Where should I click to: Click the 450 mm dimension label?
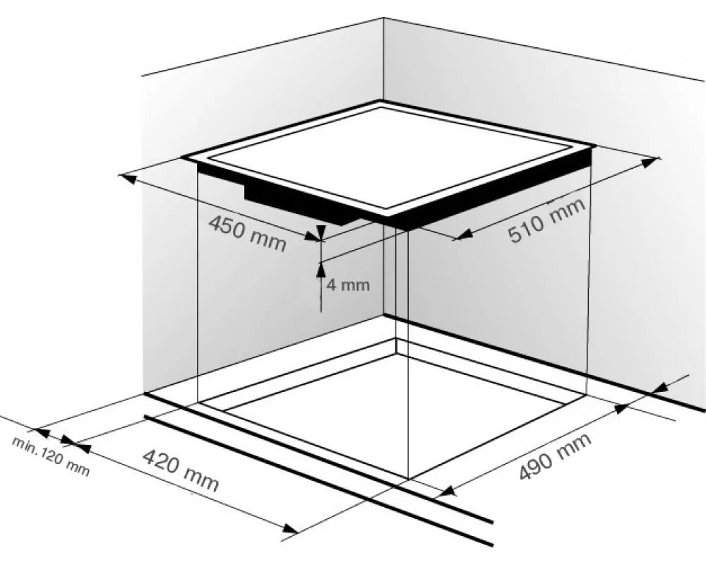pos(248,233)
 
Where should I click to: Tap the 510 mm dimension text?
pos(547,220)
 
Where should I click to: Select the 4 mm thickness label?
pos(348,285)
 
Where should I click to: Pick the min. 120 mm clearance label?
pos(51,456)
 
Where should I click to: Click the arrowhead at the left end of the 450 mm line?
pos(128,179)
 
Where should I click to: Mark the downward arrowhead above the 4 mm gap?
pos(320,232)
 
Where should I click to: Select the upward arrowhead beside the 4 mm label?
pos(320,269)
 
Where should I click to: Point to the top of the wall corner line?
pos(383,18)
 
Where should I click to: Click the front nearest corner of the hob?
pos(388,215)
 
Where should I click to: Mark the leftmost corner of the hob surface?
pos(181,157)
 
